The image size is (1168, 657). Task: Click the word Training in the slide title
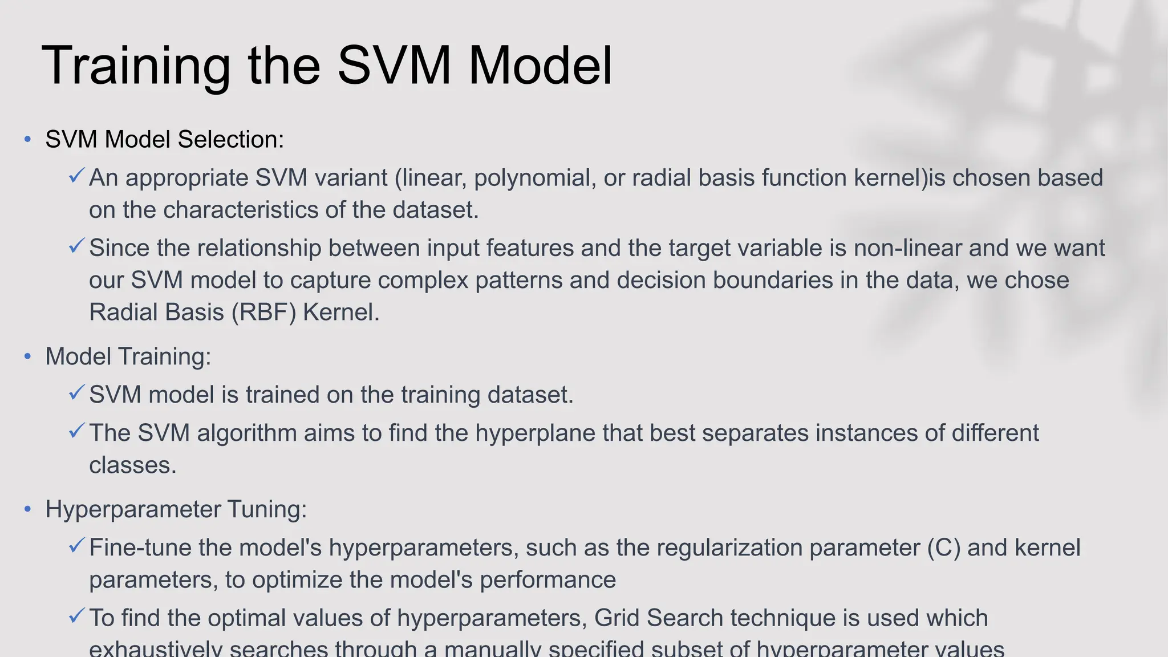click(136, 66)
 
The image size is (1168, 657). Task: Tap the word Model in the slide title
click(540, 66)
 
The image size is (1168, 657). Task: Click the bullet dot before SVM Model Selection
click(27, 140)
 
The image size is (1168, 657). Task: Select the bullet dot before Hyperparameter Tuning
click(27, 509)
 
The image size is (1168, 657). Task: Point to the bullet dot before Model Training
click(27, 357)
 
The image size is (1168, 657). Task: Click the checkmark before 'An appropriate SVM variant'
click(77, 176)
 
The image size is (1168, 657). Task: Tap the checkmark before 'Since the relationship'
click(77, 246)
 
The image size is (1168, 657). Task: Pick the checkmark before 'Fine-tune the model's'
click(77, 545)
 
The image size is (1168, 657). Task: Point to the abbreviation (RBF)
click(264, 313)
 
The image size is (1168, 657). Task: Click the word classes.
click(132, 465)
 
